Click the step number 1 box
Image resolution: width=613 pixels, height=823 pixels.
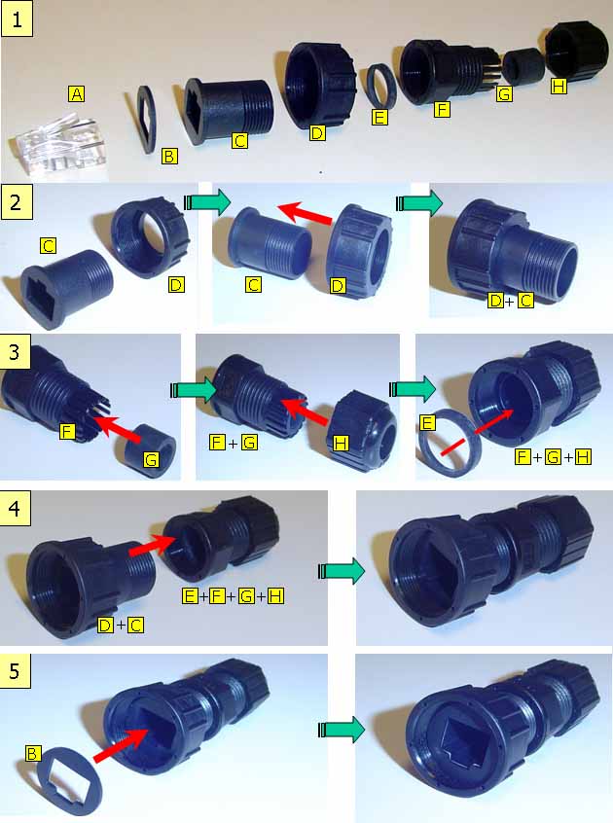point(18,20)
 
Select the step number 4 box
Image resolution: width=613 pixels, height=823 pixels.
point(16,509)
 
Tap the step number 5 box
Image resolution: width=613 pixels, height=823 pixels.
point(16,670)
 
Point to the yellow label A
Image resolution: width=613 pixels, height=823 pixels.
point(77,94)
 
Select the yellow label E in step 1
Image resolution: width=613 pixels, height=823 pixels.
point(379,117)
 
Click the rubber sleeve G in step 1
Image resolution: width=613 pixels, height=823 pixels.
point(523,67)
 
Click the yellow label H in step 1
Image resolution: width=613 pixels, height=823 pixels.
point(559,85)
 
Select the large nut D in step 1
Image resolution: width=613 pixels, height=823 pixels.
point(320,86)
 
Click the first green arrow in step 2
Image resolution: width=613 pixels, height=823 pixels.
point(208,202)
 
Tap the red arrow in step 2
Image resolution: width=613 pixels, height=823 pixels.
point(306,212)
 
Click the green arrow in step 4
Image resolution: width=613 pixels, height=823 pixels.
point(342,570)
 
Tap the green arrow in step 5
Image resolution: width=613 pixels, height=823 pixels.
point(342,729)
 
